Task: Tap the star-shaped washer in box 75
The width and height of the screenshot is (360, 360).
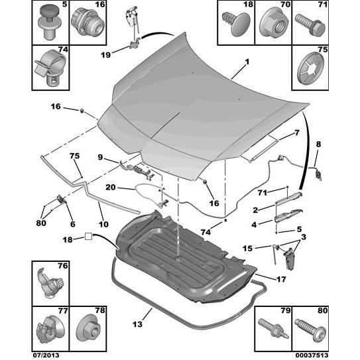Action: point(310,68)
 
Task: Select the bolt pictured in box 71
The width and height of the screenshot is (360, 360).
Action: point(310,25)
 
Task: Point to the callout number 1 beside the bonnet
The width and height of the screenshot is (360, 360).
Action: point(247,62)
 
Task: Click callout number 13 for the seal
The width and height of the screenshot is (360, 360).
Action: point(137,324)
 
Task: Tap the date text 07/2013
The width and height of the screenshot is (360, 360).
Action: point(45,355)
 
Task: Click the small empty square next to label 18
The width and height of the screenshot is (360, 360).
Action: point(88,236)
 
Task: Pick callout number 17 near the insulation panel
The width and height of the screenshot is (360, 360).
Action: point(281,279)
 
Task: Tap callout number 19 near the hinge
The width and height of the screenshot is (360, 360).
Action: point(105,55)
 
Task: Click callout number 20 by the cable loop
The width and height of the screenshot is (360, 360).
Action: point(111,188)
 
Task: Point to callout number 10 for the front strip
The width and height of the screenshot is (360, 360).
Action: point(103,224)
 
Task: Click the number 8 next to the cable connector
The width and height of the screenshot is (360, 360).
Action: point(318,144)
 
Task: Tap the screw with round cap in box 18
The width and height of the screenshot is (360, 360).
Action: point(236,24)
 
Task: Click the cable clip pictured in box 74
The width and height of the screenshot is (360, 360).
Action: point(50,68)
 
